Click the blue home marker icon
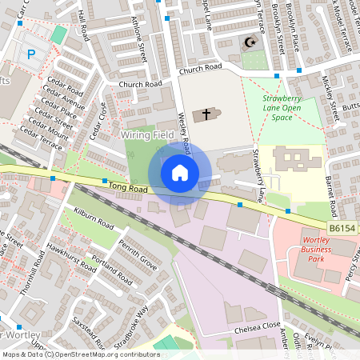[x=180, y=172]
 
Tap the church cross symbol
[x=206, y=114]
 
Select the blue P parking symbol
[x=31, y=54]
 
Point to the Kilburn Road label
[x=90, y=218]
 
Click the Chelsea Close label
[x=257, y=326]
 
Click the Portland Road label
[x=112, y=273]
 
